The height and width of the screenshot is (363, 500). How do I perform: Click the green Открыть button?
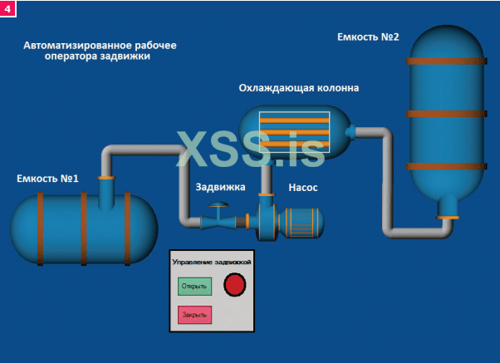(x=194, y=287)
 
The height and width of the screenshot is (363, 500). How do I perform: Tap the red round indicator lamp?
(x=236, y=286)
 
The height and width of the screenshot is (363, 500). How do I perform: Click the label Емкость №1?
(x=47, y=179)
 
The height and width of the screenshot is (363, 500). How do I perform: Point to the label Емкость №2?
(x=369, y=37)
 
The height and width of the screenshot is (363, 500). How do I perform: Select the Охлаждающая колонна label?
(x=299, y=88)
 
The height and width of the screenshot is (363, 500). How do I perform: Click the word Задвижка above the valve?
(x=220, y=187)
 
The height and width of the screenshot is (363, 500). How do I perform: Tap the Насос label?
(x=303, y=187)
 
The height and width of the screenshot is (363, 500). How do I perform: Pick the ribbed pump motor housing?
(x=302, y=222)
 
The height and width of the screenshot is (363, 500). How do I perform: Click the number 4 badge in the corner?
(x=8, y=8)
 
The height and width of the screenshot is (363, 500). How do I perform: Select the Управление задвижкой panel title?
(x=211, y=262)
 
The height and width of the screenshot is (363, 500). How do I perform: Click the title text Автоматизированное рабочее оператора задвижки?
(x=100, y=50)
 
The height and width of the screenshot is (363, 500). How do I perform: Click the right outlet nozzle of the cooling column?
(x=350, y=130)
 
